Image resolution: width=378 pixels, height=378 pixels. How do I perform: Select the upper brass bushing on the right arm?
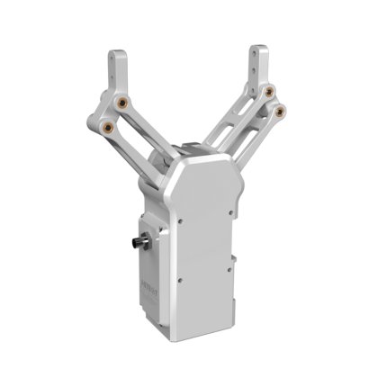click(269, 91)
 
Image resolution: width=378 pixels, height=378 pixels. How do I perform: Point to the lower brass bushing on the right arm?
click(283, 111)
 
